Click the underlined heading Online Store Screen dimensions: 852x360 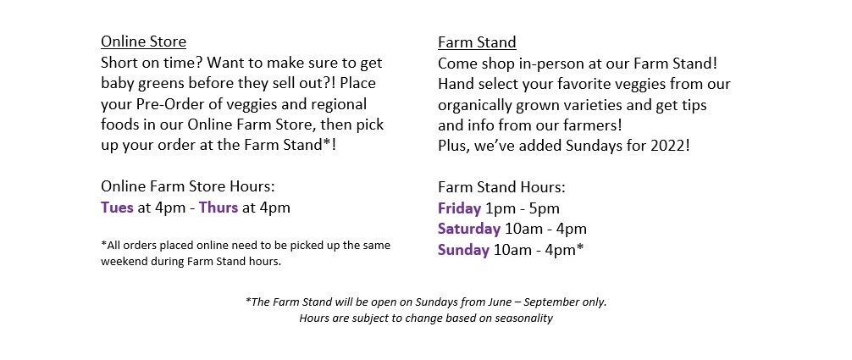[x=143, y=42]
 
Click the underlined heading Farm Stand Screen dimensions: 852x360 [x=477, y=42]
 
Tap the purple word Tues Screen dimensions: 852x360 [x=117, y=208]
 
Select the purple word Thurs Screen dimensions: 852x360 [x=219, y=208]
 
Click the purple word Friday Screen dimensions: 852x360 [x=459, y=209]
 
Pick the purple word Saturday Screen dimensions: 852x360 [x=469, y=230]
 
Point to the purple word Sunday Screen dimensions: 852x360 [x=463, y=250]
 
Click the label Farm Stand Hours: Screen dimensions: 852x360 [x=501, y=187]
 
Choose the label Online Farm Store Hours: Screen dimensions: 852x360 [x=188, y=186]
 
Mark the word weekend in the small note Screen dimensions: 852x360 [x=122, y=262]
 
